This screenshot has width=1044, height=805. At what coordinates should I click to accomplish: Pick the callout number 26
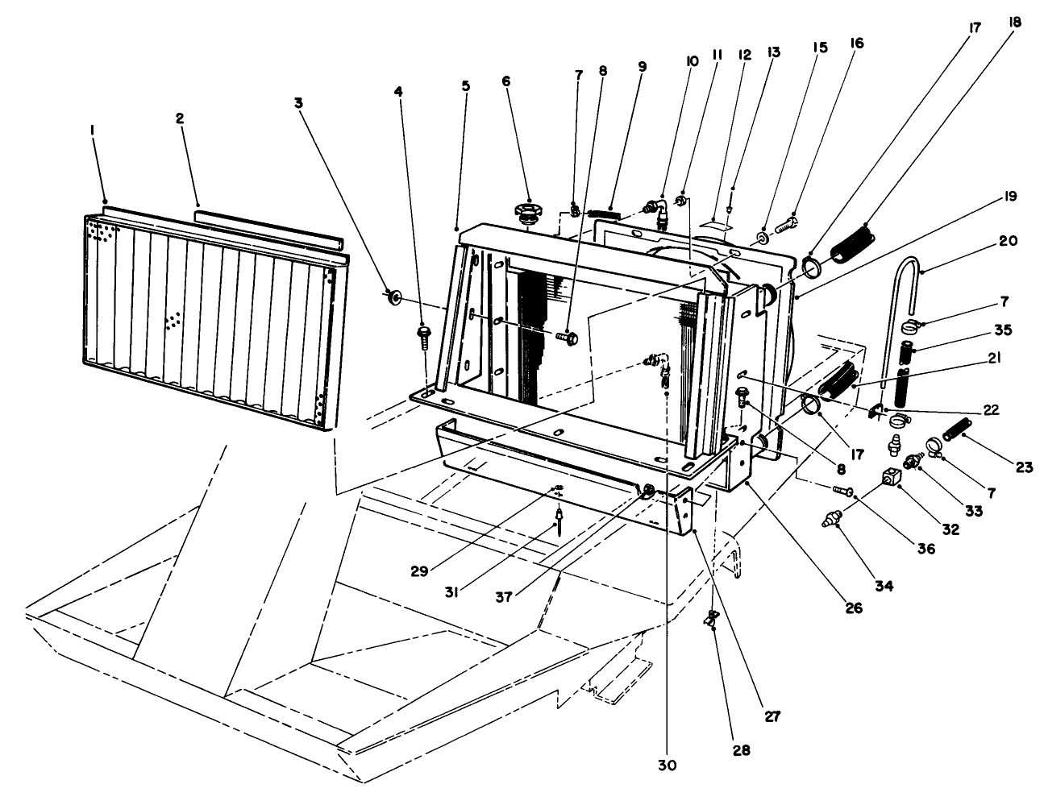click(x=854, y=608)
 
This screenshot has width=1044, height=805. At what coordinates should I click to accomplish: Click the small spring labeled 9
click(x=604, y=213)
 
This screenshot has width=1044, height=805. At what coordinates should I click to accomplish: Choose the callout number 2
click(x=180, y=118)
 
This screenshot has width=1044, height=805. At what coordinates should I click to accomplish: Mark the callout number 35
click(x=1003, y=330)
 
